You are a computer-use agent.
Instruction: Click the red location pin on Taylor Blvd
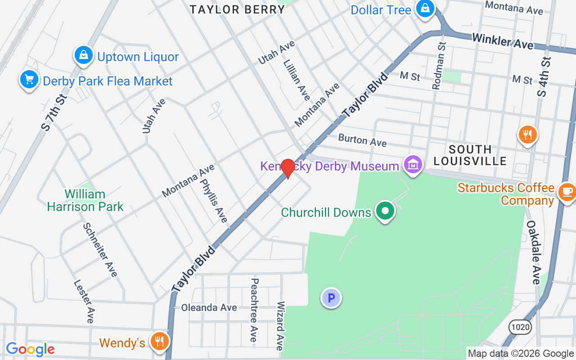288,168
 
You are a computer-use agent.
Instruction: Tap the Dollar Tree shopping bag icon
424,9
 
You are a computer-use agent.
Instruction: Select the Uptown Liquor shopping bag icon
83,56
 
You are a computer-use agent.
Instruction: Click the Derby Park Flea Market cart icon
29,80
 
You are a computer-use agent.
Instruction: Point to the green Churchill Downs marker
385,211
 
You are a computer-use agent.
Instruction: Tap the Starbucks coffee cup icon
567,192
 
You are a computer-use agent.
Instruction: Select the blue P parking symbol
331,298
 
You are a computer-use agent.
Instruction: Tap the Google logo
30,349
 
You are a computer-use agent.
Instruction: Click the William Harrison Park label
85,200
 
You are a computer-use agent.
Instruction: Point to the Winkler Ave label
503,41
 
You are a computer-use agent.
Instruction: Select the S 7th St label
54,112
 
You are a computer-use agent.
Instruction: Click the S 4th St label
544,77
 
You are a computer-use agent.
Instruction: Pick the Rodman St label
438,65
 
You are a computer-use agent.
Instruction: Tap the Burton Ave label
362,140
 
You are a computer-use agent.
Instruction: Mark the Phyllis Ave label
214,201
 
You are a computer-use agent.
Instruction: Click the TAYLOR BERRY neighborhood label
237,9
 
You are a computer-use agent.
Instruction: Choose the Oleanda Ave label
209,308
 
